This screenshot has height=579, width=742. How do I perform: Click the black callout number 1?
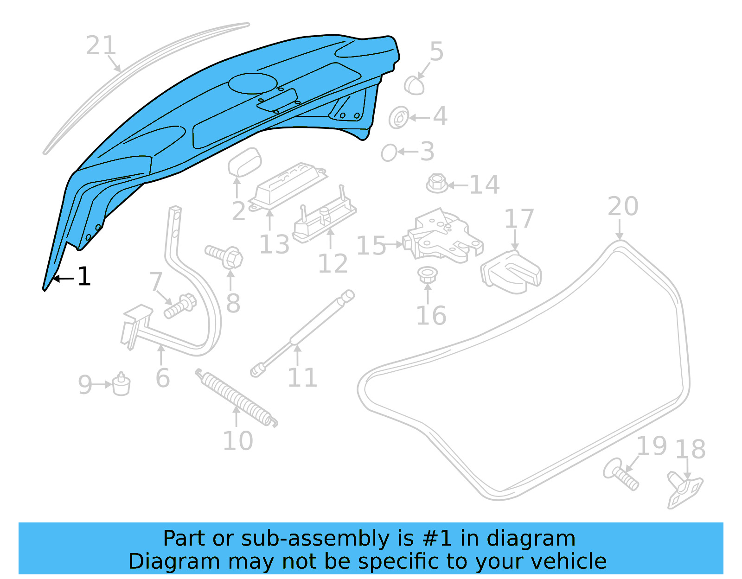84,277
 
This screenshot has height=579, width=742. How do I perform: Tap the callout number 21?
100,46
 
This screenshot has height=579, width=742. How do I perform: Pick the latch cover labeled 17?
512,272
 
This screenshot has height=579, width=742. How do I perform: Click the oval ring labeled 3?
389,152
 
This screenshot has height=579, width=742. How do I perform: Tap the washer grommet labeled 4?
398,118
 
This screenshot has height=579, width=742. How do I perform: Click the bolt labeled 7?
180,306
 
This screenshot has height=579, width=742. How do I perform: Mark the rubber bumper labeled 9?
122,384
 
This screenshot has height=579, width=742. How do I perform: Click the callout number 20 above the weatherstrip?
623,206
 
